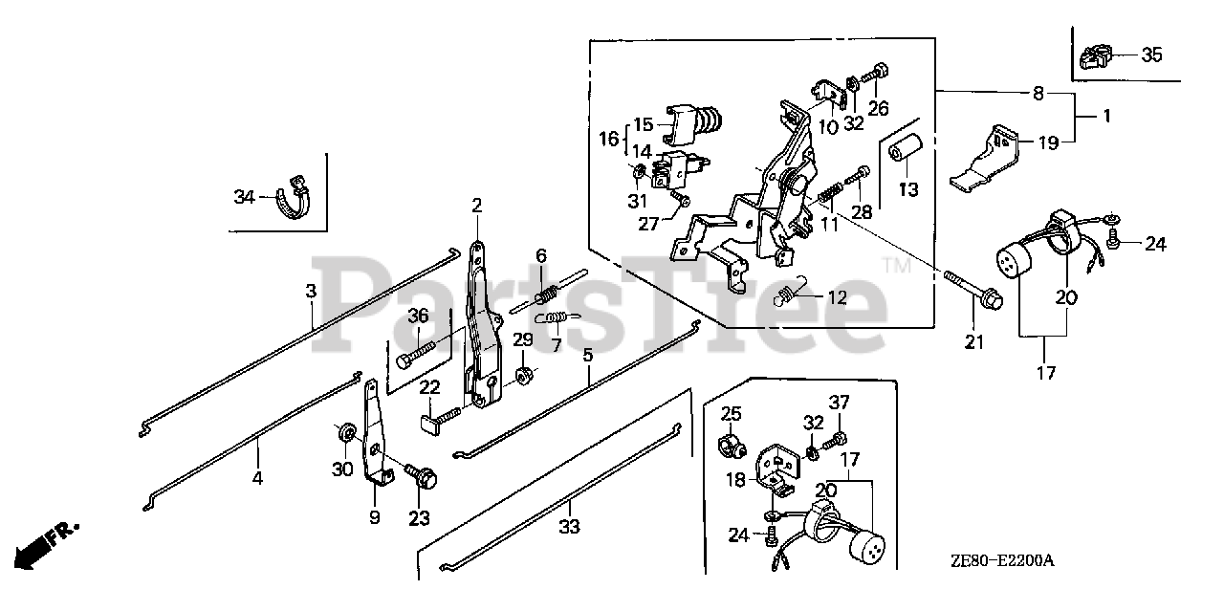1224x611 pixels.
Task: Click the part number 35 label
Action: tap(1151, 55)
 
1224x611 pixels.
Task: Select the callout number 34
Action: tap(244, 197)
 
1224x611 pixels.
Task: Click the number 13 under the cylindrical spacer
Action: tap(907, 189)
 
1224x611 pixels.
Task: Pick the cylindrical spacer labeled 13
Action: tap(905, 154)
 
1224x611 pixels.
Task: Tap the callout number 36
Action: tap(418, 316)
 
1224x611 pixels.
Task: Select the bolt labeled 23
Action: tap(420, 473)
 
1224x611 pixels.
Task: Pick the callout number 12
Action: tap(837, 297)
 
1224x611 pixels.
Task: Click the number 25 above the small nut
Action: tap(732, 414)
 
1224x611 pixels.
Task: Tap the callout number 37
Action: tap(839, 401)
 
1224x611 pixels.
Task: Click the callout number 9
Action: tap(374, 517)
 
